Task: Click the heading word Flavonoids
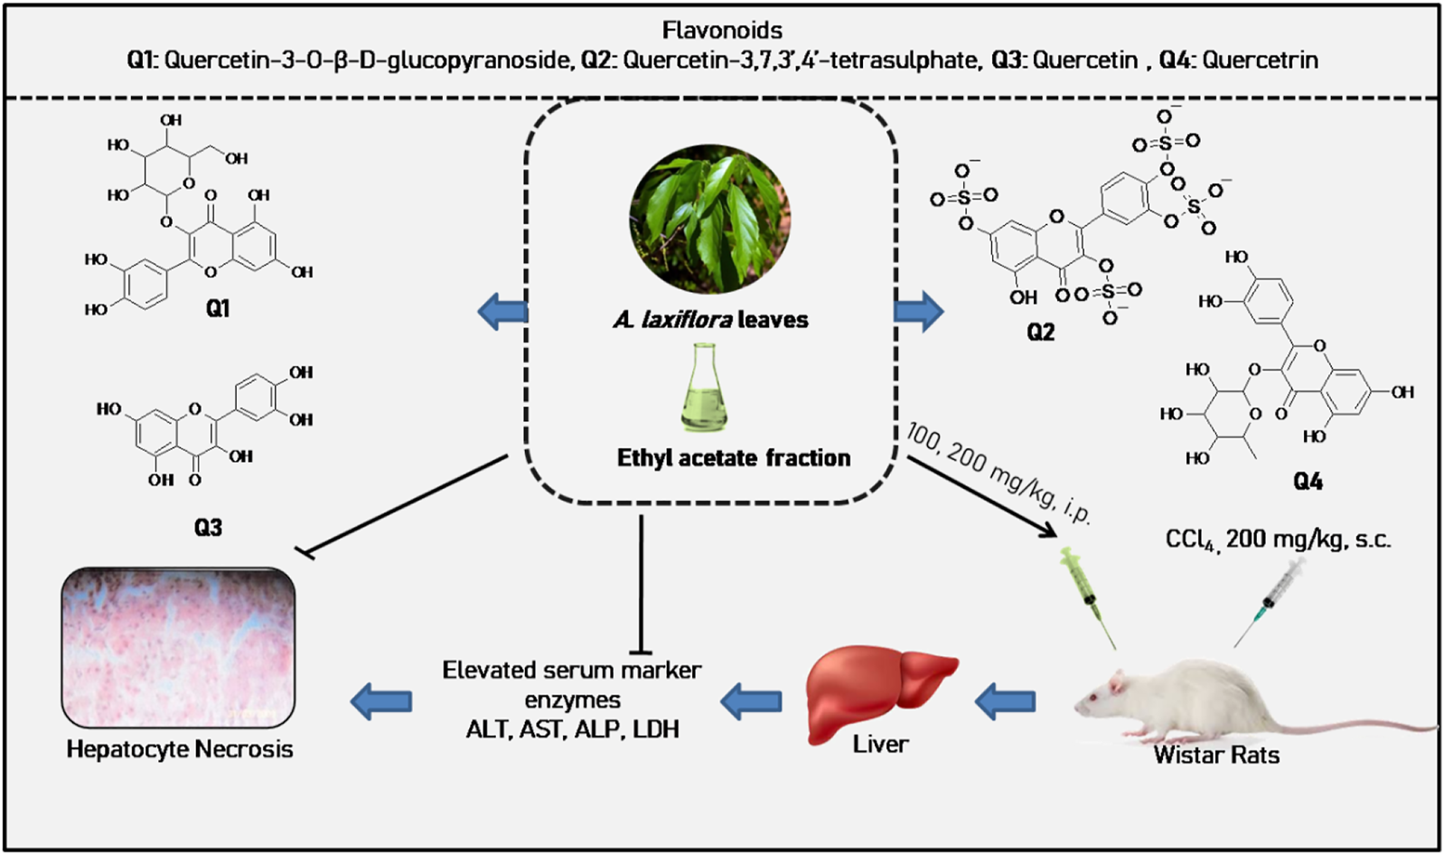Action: pos(722,30)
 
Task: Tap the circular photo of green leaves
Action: pos(709,220)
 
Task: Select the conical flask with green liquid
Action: pos(704,388)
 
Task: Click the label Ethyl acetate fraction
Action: pos(734,458)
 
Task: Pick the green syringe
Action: pos(1087,597)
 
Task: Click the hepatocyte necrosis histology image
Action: pos(179,648)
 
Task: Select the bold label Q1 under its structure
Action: pos(217,309)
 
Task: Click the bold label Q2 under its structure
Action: pos(1040,332)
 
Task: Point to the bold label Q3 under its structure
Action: pos(208,528)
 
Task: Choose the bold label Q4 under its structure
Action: pos(1308,482)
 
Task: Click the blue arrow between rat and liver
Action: pos(1005,701)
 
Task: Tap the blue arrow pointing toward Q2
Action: pos(919,312)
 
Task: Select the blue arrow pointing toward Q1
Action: pos(502,312)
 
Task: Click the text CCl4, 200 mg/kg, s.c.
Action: pos(1279,540)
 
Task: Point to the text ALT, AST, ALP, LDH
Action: pos(572,729)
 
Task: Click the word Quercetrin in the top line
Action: pos(1261,60)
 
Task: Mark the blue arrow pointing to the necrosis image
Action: pos(381,701)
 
